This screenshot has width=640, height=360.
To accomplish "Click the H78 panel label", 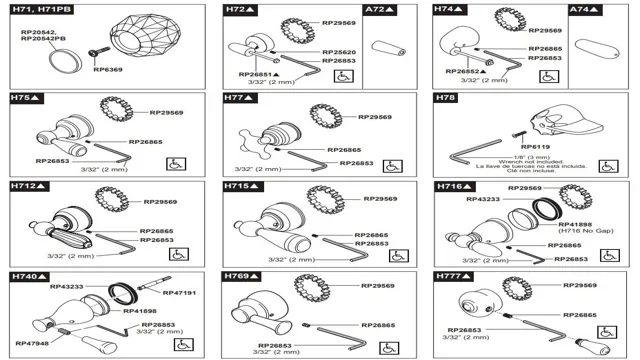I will tap(445, 98).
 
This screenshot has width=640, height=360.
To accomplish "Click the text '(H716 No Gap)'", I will tap(580, 232).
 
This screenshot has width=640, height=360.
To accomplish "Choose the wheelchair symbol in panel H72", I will tap(340, 75).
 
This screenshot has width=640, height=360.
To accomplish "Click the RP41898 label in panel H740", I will tap(142, 311).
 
